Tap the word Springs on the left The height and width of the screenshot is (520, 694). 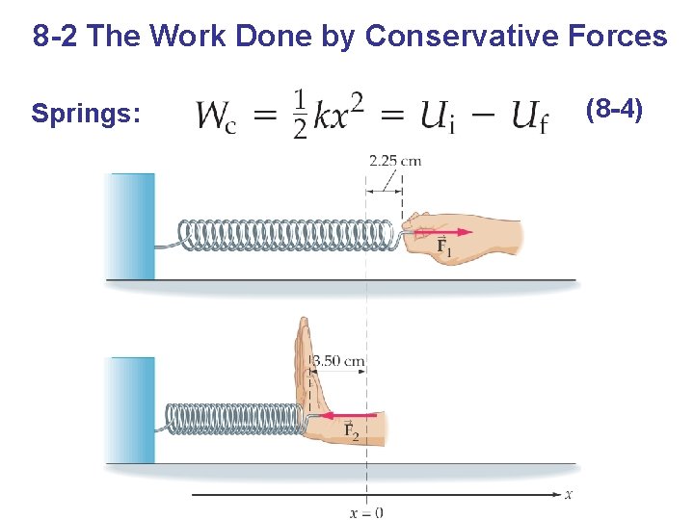(x=86, y=114)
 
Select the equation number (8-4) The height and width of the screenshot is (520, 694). (x=614, y=110)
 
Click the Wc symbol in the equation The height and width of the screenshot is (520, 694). (x=220, y=117)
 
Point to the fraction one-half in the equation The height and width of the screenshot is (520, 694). (x=300, y=115)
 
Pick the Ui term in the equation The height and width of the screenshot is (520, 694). (x=439, y=117)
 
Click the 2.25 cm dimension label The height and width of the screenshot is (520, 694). (x=395, y=161)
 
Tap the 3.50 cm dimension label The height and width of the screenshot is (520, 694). (x=339, y=361)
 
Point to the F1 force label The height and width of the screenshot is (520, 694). (x=444, y=247)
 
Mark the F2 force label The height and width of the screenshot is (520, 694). (x=352, y=430)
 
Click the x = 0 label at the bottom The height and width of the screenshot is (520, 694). (x=365, y=512)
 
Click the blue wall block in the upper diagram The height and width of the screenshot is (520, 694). (x=132, y=226)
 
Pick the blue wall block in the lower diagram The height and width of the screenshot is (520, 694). (x=132, y=410)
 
